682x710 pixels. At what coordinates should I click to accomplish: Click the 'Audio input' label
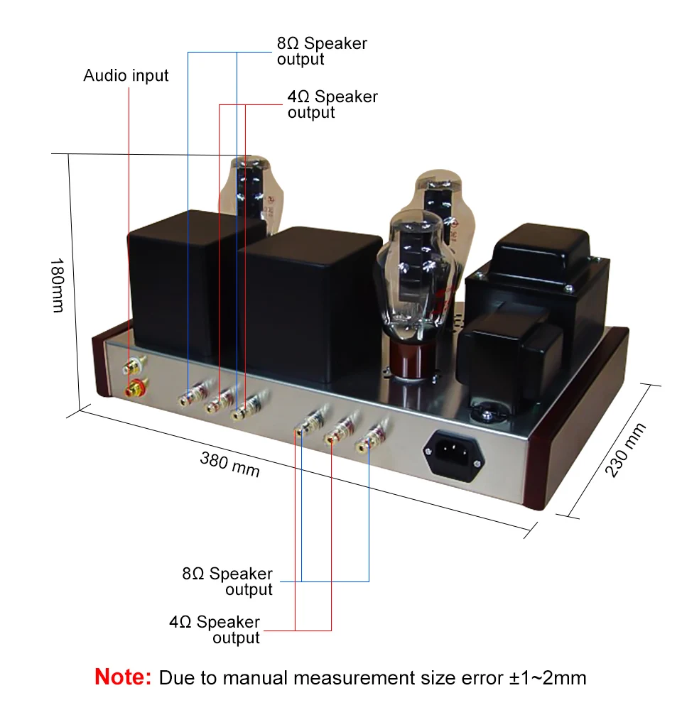[126, 75]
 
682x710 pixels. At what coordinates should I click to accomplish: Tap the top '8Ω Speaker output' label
[322, 51]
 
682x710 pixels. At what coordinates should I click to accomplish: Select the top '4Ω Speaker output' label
[332, 104]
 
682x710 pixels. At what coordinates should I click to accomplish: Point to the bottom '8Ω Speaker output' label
[227, 581]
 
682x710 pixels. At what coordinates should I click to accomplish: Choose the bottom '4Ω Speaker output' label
[215, 630]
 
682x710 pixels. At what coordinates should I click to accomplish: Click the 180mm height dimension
[57, 285]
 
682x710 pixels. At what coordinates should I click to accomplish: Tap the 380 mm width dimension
[229, 464]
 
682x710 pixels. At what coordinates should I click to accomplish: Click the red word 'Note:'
[123, 677]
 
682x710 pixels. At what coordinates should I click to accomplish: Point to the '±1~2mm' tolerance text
[548, 678]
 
